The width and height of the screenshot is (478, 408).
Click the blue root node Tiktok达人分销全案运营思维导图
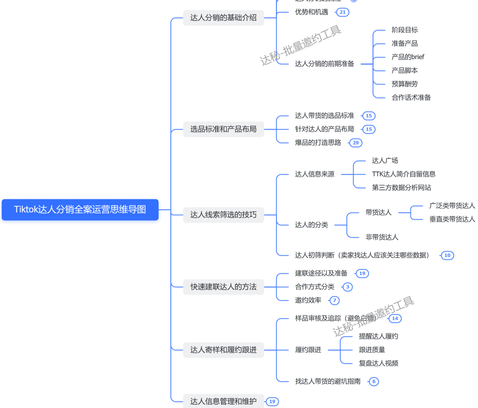coord(80,210)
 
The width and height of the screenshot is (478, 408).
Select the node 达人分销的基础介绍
coord(223,18)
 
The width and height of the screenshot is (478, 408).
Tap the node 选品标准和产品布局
coord(223,129)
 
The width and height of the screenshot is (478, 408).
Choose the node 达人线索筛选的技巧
coord(223,215)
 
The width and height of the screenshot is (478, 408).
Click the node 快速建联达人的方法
coord(223,287)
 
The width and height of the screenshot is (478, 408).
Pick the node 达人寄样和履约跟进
coord(223,350)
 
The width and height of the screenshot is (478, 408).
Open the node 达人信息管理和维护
coord(223,401)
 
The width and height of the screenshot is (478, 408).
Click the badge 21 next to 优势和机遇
coord(343,12)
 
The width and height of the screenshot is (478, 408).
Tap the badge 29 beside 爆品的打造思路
coord(356,143)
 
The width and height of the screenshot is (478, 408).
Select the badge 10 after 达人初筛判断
coord(447,255)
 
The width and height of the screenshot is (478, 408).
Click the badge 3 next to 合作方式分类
coord(347,287)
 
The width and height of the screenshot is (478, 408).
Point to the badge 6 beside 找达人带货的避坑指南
coord(374,381)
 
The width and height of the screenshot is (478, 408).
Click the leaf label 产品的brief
coord(408,57)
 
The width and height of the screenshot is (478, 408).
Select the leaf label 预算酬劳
coord(405,84)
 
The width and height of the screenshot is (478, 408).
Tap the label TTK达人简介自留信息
coord(403,174)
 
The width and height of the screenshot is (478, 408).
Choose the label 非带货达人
coord(382,237)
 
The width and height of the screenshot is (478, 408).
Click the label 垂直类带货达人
coord(452,219)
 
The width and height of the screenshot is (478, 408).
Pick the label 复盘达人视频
coord(378,363)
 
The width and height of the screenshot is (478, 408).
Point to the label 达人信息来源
coord(315,174)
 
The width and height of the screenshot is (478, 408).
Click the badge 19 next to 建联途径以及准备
coord(362,273)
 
